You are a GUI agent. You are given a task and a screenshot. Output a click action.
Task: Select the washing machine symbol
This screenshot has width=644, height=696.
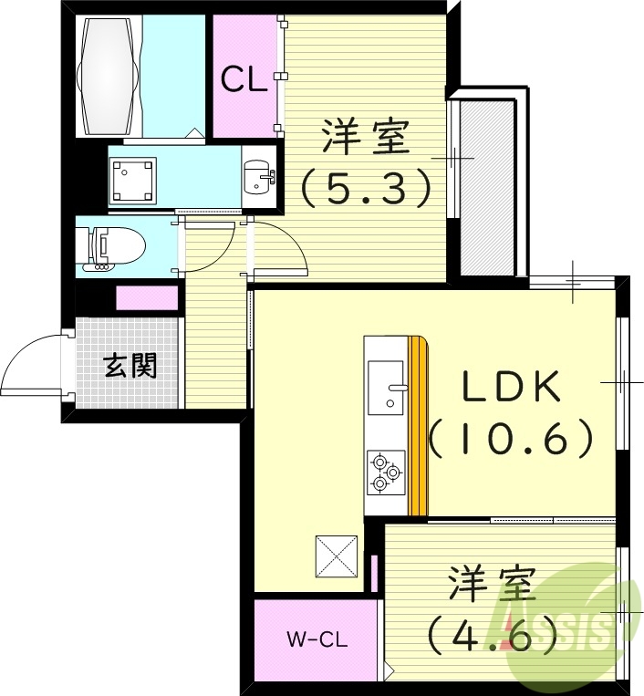(132, 179)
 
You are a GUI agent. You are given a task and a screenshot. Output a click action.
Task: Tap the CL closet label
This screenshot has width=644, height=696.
(244, 79)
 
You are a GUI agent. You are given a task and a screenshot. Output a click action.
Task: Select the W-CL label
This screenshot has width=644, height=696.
(315, 639)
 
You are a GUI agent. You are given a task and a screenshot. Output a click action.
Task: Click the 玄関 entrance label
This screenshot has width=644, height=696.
(130, 366)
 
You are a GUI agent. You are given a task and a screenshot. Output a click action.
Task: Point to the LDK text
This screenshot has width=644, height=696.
(511, 388)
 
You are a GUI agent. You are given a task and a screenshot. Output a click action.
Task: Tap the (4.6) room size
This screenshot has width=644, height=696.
(493, 631)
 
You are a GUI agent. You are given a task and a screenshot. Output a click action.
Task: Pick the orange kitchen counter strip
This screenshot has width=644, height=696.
(418, 425)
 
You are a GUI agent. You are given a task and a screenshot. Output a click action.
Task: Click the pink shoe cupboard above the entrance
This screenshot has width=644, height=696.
(146, 297)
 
